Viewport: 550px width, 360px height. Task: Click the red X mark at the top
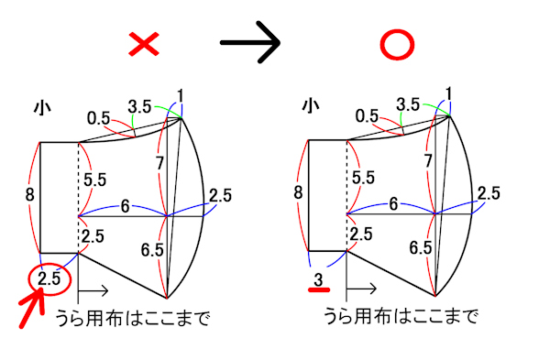pos(146,44)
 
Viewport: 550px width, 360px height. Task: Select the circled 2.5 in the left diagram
pos(50,278)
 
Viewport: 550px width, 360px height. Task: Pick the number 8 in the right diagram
pos(297,192)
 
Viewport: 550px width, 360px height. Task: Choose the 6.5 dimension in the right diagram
pos(421,248)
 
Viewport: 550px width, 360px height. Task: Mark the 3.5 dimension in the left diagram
pos(141,106)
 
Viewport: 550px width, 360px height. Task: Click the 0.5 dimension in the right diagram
pos(368,115)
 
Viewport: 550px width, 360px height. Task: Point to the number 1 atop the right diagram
pos(449,93)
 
